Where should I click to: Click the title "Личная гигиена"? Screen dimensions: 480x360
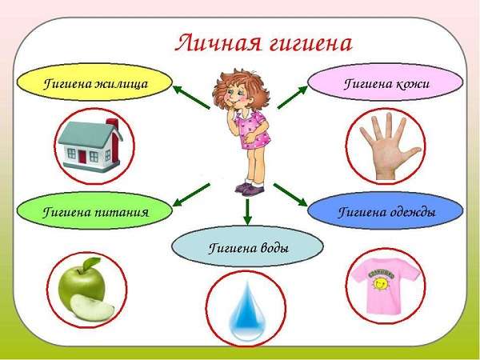click(x=263, y=43)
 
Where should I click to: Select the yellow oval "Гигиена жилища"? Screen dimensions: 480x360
click(x=94, y=82)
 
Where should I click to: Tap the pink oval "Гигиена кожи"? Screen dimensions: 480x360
click(x=386, y=82)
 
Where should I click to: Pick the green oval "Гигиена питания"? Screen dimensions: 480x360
click(x=94, y=210)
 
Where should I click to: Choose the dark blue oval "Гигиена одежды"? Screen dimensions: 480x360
click(x=386, y=210)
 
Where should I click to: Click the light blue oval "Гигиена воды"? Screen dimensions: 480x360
click(x=247, y=247)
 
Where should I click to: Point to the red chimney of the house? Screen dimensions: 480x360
click(x=113, y=136)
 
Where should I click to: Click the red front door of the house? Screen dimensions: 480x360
click(x=82, y=156)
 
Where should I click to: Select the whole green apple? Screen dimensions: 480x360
click(x=82, y=283)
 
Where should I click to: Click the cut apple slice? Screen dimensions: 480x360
click(x=93, y=308)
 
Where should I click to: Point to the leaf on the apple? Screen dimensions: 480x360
click(x=91, y=262)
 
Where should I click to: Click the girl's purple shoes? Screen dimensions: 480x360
click(x=250, y=188)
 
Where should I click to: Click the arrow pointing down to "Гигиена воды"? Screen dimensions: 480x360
click(x=248, y=212)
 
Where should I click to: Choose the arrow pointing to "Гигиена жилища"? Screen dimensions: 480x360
click(x=192, y=98)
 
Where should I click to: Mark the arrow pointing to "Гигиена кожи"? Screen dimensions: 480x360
click(x=292, y=97)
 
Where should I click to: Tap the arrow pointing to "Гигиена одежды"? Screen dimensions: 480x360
click(x=290, y=195)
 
